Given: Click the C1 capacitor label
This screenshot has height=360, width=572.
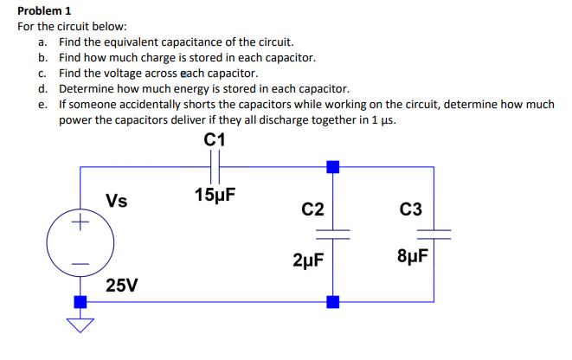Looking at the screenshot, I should tap(216, 138).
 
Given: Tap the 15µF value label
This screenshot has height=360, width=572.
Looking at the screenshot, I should tap(216, 193).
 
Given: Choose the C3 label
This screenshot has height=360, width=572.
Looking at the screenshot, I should tap(412, 209).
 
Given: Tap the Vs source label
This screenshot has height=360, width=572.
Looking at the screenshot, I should tap(117, 202).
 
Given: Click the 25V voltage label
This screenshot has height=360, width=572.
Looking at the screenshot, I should tap(122, 285).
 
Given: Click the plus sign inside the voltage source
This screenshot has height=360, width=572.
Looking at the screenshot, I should tap(80, 223).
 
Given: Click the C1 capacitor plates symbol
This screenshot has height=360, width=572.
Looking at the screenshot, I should tap(216, 165).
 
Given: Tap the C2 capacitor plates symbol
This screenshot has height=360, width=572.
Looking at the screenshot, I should tap(331, 233).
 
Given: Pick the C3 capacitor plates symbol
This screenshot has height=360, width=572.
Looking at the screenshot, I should tap(434, 233).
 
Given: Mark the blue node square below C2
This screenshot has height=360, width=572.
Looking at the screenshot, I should tap(331, 301).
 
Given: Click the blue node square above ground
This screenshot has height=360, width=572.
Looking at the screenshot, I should tap(80, 301).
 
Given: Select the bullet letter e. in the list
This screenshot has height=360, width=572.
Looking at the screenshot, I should tap(42, 104).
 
